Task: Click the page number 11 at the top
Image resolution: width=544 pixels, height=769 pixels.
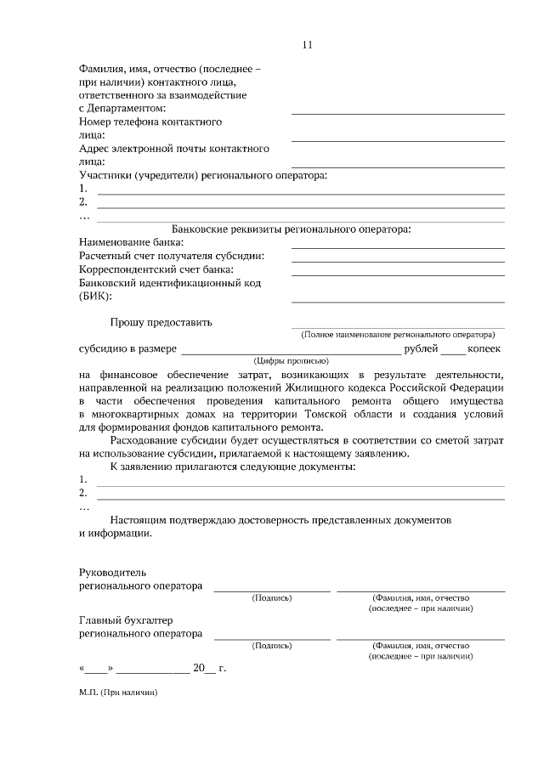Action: pos(307,45)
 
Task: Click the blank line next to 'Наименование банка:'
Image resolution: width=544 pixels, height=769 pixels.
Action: pos(398,246)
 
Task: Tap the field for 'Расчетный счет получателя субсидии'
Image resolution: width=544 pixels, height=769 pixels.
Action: pos(398,260)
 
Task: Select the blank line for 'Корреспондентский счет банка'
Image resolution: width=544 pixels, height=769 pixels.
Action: pos(398,274)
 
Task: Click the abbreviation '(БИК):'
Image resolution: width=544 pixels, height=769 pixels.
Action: pos(95,296)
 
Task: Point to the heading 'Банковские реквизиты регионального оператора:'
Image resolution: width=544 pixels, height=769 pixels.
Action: pos(292,229)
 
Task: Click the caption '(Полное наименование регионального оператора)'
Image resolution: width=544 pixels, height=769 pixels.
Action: pos(397,335)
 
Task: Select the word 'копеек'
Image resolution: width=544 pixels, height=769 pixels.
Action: pos(485,348)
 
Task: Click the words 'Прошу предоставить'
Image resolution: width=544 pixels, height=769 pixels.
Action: pos(161,322)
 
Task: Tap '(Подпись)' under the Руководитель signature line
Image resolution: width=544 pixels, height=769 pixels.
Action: pos(272,597)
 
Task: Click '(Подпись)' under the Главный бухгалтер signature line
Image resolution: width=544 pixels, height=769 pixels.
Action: pos(272,645)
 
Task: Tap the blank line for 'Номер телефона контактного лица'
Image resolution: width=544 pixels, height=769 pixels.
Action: pos(398,139)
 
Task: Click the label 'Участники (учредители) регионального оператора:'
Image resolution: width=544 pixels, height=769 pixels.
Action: pos(202,175)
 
